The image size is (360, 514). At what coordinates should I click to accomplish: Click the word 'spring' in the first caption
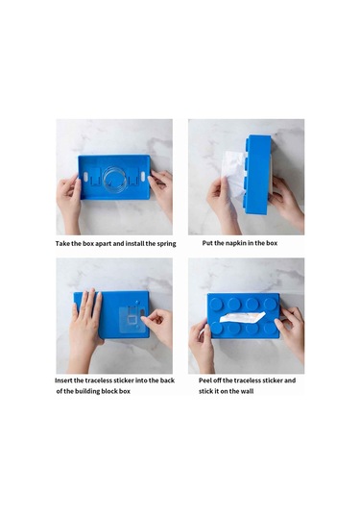pos(166,244)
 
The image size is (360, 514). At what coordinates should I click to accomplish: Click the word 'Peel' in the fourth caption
pos(205,380)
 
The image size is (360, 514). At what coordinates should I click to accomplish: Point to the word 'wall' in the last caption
pos(247,391)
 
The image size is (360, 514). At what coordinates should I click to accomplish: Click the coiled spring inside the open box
pos(114,180)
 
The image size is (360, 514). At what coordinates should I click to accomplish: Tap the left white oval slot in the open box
pos(85,177)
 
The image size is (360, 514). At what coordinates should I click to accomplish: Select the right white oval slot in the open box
pos(142,176)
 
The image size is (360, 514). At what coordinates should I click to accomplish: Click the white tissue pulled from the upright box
pos(234,174)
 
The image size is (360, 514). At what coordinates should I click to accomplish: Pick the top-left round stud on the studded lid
pos(216,304)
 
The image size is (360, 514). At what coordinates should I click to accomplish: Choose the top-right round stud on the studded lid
pos(270,304)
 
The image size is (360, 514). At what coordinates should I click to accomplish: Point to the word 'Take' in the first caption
pos(62,244)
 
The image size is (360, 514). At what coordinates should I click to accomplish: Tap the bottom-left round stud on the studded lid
pos(216,328)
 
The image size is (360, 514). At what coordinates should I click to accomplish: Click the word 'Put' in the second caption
pos(207,243)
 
